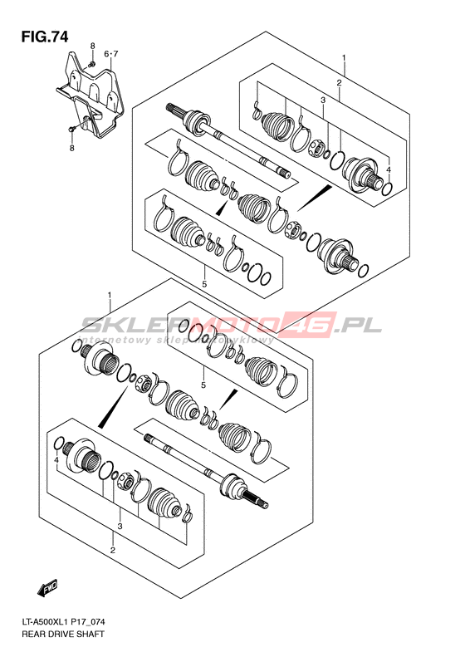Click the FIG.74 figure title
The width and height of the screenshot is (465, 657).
coord(45,37)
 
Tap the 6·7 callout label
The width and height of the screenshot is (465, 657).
coord(111,54)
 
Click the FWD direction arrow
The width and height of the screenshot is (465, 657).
coord(50,589)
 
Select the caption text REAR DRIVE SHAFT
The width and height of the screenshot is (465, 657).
coord(62,634)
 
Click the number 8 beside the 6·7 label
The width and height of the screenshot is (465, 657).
coord(92,46)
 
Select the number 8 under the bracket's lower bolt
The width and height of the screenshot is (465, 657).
coord(72,148)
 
